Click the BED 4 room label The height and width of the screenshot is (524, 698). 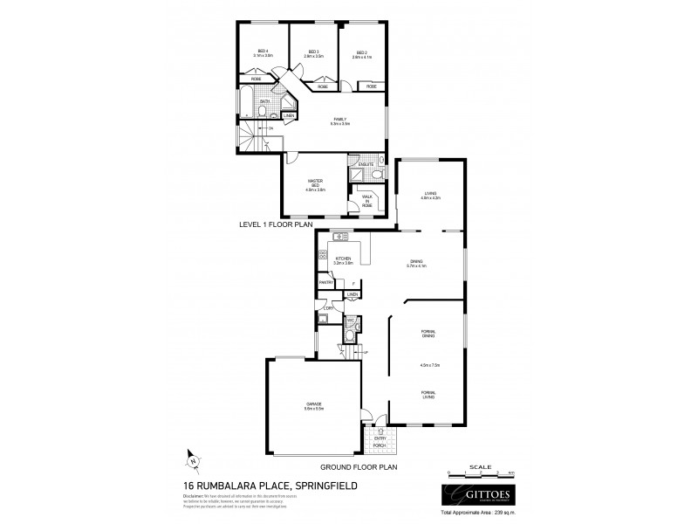[x=263, y=52]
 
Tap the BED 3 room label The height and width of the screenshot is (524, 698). [x=313, y=52]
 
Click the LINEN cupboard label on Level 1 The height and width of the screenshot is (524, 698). [x=289, y=116]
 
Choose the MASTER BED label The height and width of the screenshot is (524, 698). [x=316, y=184]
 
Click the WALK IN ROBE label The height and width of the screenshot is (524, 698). [x=367, y=200]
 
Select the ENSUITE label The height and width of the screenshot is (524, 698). [x=366, y=163]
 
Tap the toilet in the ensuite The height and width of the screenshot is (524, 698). [x=379, y=174]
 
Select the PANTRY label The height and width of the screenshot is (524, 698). [x=326, y=282]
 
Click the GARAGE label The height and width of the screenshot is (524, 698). [x=314, y=405]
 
